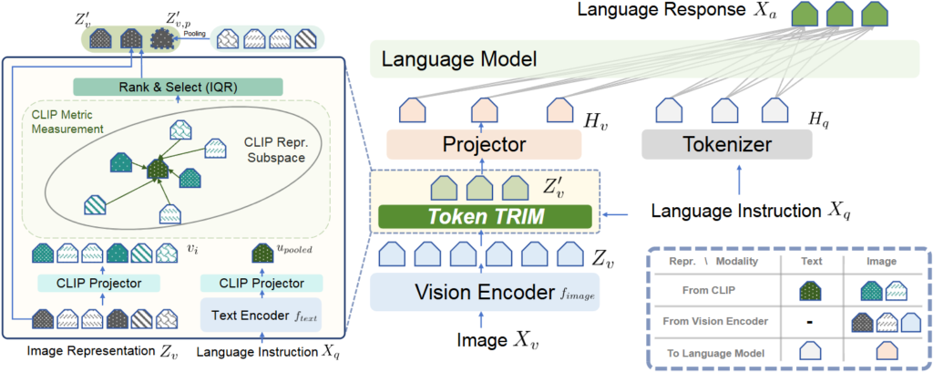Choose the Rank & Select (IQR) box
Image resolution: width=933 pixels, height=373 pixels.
tap(182, 87)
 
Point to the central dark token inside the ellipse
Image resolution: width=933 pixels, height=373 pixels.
tap(160, 168)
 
